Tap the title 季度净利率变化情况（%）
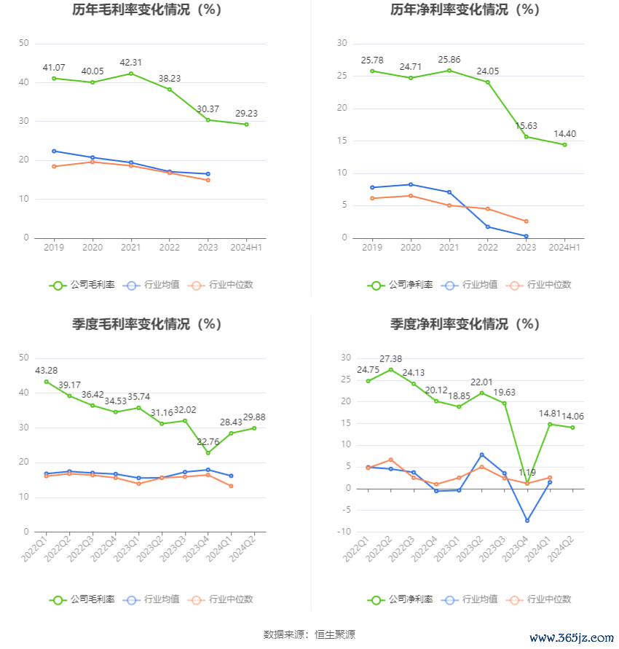[465, 324]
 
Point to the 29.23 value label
[246, 113]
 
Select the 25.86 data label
[449, 58]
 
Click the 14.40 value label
[564, 133]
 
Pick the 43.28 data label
[47, 371]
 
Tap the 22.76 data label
[208, 441]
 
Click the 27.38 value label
[391, 358]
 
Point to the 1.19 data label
[527, 473]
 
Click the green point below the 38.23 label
[170, 90]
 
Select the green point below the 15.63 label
[527, 137]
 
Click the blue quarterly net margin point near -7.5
[527, 521]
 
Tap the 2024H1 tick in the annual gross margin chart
[246, 248]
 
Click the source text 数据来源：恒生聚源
[309, 634]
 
